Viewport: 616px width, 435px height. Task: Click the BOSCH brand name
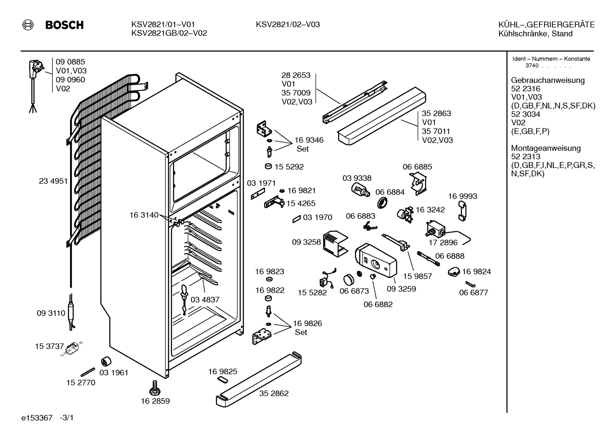pyautogui.click(x=65, y=25)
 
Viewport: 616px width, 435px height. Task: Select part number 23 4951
pyautogui.click(x=53, y=181)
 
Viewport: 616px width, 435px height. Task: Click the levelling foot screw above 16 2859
pyautogui.click(x=155, y=388)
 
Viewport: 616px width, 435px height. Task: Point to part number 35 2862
pyautogui.click(x=274, y=394)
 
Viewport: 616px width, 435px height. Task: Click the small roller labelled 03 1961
pyautogui.click(x=106, y=361)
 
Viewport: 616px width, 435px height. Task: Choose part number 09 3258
pyautogui.click(x=306, y=242)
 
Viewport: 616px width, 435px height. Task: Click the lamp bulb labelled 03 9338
pyautogui.click(x=360, y=190)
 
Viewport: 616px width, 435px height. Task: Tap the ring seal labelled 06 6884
pyautogui.click(x=382, y=203)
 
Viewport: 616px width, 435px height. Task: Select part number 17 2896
pyautogui.click(x=443, y=242)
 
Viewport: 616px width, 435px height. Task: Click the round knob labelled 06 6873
pyautogui.click(x=349, y=280)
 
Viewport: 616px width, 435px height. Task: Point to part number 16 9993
pyautogui.click(x=463, y=196)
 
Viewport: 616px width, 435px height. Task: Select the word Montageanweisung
pyautogui.click(x=546, y=148)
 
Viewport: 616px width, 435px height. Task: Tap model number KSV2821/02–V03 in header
pyautogui.click(x=287, y=24)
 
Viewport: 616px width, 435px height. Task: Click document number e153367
pyautogui.click(x=37, y=418)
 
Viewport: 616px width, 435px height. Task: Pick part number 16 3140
pyautogui.click(x=144, y=215)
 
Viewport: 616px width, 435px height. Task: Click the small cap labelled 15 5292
pyautogui.click(x=268, y=166)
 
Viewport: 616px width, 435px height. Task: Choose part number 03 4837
pyautogui.click(x=205, y=300)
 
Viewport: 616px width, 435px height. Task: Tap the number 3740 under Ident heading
pyautogui.click(x=532, y=66)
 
